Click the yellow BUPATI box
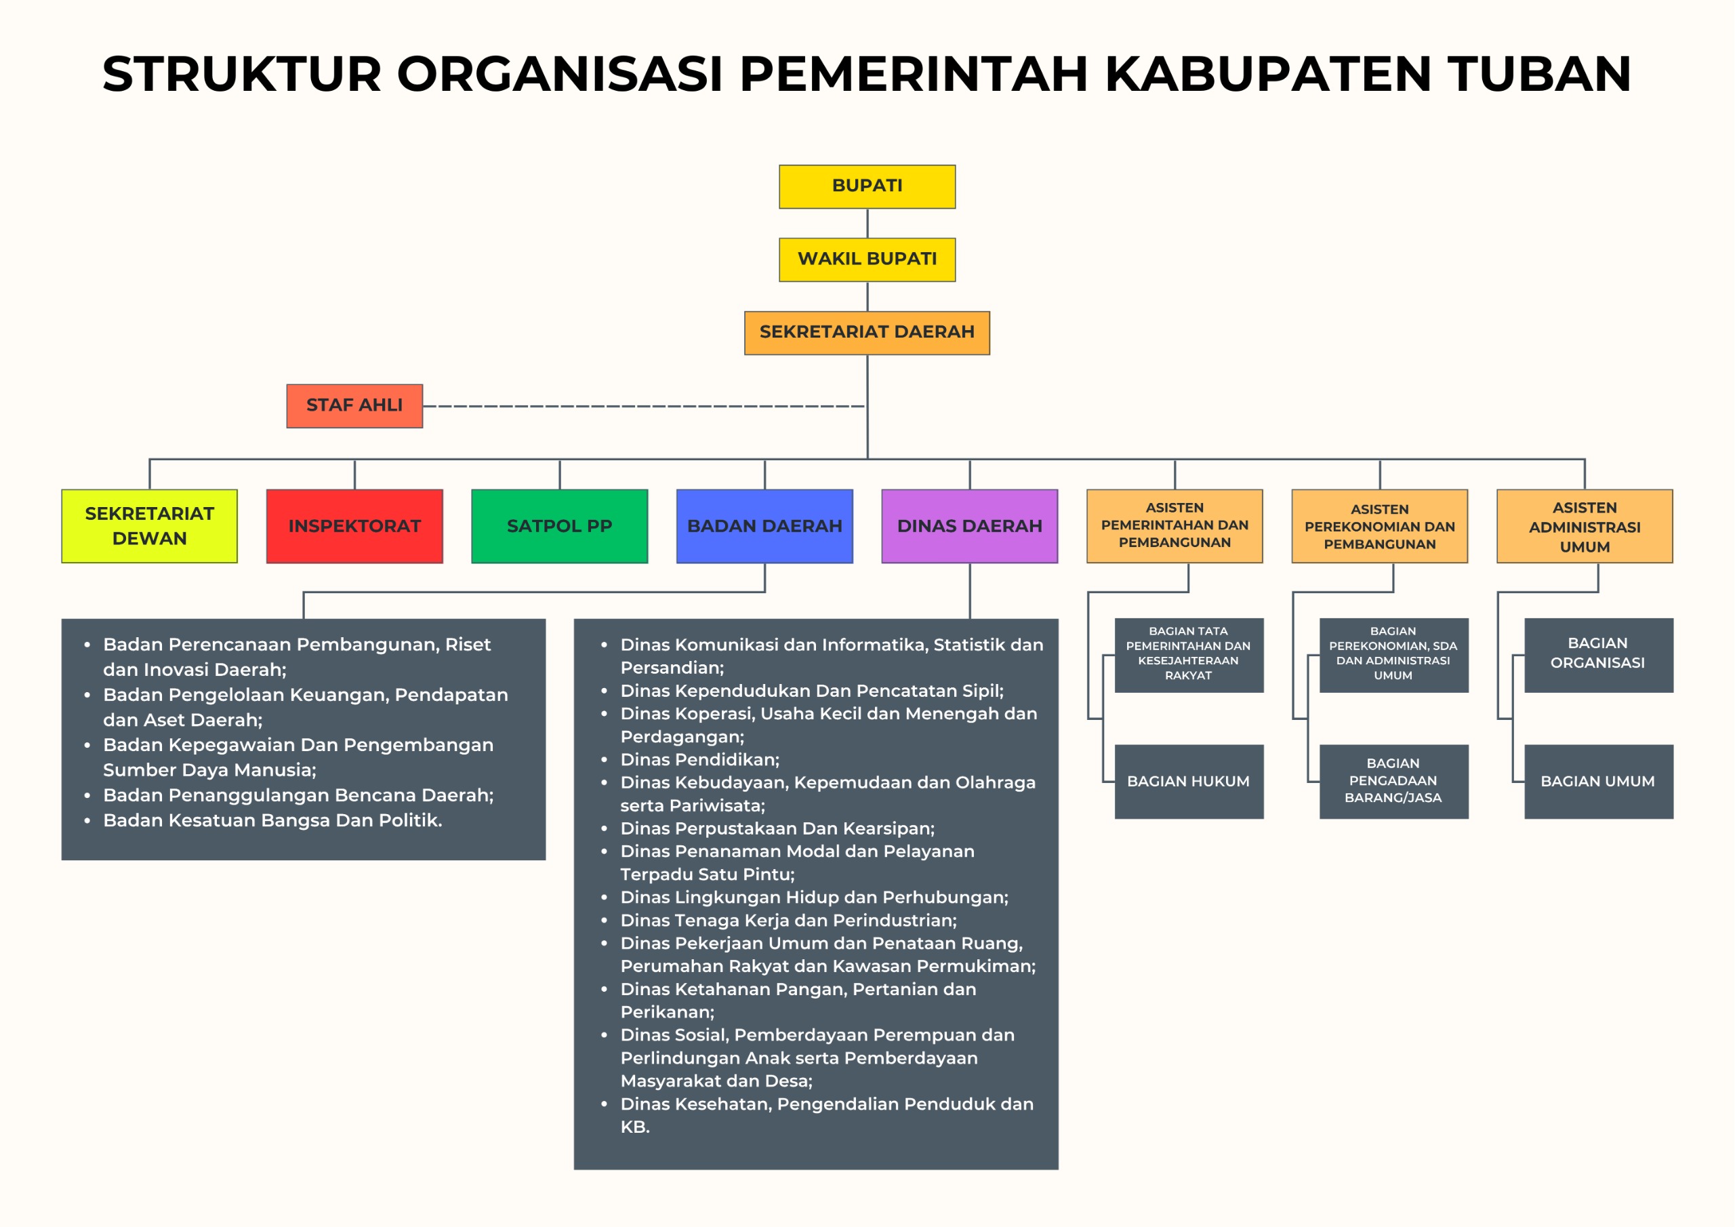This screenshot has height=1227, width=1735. tap(867, 186)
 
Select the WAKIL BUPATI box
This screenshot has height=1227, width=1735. tap(867, 260)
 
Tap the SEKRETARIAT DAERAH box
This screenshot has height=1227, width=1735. tap(867, 333)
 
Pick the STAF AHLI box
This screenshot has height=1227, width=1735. tap(354, 406)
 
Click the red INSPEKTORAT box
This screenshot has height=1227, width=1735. tap(354, 526)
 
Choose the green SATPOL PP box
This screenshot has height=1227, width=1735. tap(559, 526)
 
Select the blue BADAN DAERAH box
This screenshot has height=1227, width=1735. tap(764, 526)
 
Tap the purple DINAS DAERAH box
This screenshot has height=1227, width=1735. tap(970, 526)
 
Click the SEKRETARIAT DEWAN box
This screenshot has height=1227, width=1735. tap(150, 526)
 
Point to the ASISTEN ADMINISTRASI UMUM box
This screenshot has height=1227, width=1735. tap(1585, 526)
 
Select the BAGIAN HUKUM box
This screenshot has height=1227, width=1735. tap(1189, 782)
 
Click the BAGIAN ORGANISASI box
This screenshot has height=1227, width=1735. tap(1598, 656)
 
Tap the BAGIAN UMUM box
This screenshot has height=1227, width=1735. tap(1598, 782)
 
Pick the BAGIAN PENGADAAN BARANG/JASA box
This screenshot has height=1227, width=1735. tap(1393, 782)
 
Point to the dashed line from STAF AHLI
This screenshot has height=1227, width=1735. tap(645, 406)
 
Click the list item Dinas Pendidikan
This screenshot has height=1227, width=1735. tap(699, 760)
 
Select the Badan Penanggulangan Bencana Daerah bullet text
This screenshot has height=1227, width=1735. tap(298, 795)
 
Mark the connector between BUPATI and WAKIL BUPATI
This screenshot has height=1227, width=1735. tap(867, 224)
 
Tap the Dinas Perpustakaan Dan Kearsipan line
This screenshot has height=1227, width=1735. tap(777, 828)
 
